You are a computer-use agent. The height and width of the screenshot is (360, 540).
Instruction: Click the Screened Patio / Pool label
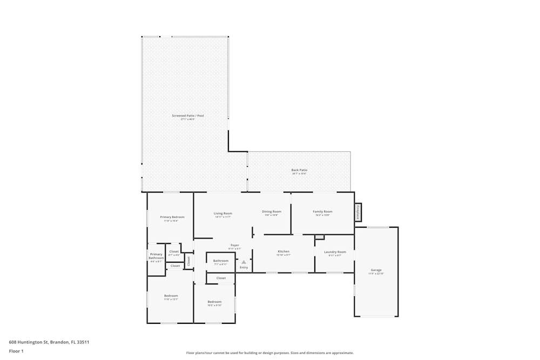[x=187, y=116]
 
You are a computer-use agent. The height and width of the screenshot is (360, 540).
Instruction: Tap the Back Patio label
[x=299, y=170]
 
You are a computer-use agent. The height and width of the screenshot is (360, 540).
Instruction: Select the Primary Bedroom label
[x=172, y=217]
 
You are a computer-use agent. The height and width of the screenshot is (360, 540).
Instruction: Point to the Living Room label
[x=223, y=213]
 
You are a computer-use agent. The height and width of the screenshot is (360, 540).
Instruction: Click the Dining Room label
[x=272, y=212]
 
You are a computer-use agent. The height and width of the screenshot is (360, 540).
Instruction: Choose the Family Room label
[x=322, y=212]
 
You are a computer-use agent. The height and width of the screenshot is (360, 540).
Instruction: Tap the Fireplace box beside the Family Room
[x=357, y=212]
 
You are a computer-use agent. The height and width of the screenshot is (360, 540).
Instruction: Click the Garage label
[x=376, y=270]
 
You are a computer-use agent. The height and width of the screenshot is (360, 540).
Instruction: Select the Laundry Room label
[x=335, y=252]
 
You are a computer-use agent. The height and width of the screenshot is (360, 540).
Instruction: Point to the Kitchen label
[x=283, y=252]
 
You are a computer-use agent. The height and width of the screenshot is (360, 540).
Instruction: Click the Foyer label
[x=235, y=246]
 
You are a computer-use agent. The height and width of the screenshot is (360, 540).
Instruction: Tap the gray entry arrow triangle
[x=244, y=262]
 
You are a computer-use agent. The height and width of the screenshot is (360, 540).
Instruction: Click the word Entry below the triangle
[x=244, y=268]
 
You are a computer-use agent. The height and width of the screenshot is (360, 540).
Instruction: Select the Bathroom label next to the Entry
[x=220, y=261]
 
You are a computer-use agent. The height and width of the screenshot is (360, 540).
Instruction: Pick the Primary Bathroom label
[x=156, y=256]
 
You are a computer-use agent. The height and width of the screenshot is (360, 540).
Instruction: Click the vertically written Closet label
[x=188, y=261]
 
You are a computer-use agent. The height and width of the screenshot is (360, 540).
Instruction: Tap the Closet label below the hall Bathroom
[x=221, y=278]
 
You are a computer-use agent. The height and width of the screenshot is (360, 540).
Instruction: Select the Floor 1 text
[x=16, y=351]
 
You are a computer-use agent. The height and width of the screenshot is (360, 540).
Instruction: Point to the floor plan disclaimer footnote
[x=270, y=353]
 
